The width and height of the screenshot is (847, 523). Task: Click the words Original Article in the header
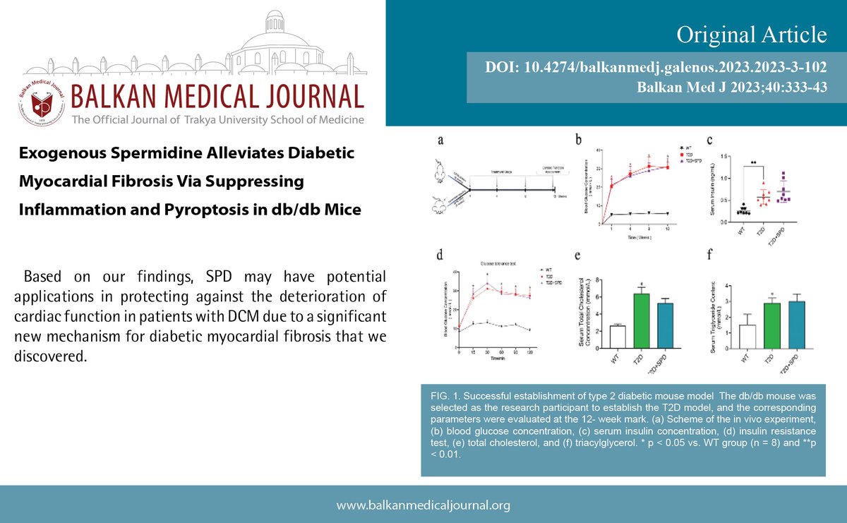click(751, 34)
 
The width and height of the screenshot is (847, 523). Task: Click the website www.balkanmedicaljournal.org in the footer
click(423, 505)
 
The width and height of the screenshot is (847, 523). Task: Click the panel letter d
click(441, 253)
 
